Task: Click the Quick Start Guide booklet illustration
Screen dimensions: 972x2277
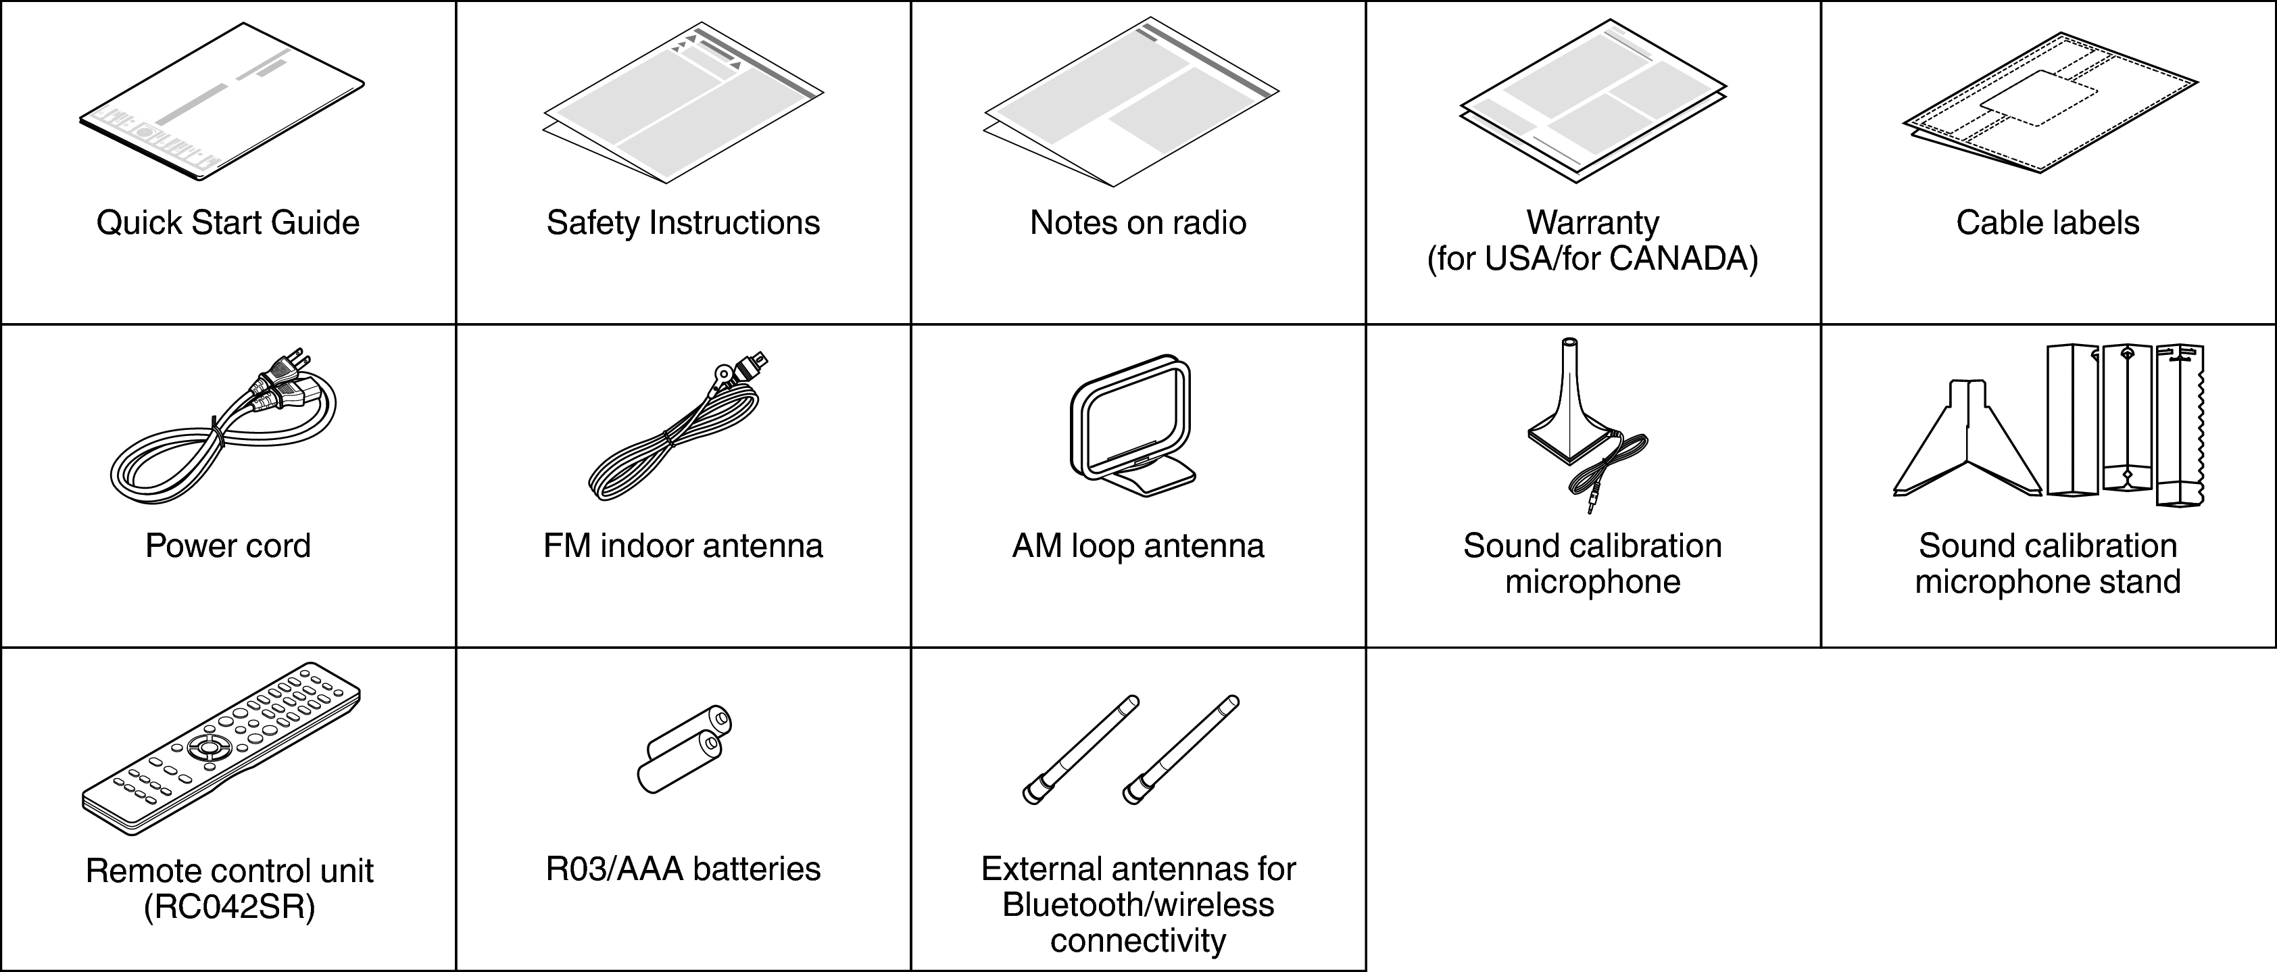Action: [x=221, y=101]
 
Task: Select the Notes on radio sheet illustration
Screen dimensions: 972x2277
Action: [x=1131, y=101]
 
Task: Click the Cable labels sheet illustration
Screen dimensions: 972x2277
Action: [x=2049, y=101]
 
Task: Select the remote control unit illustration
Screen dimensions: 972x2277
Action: [x=221, y=747]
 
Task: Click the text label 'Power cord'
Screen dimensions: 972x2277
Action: [x=228, y=546]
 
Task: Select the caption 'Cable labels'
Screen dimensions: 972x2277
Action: [x=2047, y=222]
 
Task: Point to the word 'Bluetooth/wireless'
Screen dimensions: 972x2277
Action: [x=1137, y=905]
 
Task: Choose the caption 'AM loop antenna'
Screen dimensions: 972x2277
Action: [x=1137, y=546]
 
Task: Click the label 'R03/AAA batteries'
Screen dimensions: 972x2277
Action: [x=683, y=869]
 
